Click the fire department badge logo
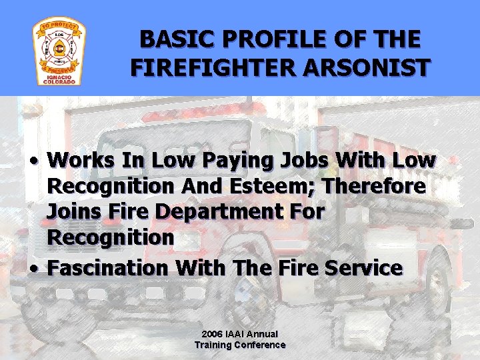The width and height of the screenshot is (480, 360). tap(59, 48)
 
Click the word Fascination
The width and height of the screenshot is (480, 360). tap(109, 268)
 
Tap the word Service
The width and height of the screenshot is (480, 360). tap(364, 268)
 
